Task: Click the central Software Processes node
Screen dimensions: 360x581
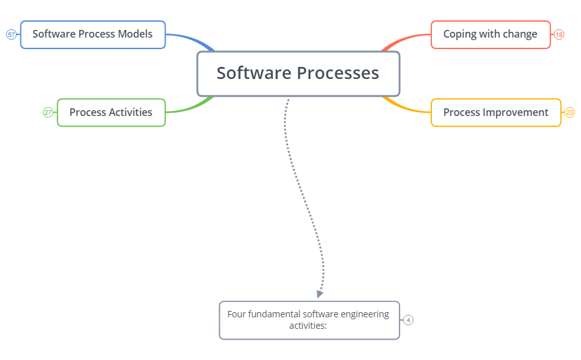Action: pyautogui.click(x=298, y=73)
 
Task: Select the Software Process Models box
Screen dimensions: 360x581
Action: pyautogui.click(x=92, y=34)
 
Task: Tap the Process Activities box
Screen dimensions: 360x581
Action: pyautogui.click(x=111, y=112)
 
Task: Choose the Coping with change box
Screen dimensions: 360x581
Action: pyautogui.click(x=490, y=34)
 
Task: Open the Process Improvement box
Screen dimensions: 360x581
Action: pyautogui.click(x=496, y=112)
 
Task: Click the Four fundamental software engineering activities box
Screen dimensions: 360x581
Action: pyautogui.click(x=309, y=320)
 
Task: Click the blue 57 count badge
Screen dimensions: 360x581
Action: pyautogui.click(x=11, y=34)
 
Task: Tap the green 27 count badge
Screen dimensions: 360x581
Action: pyautogui.click(x=48, y=112)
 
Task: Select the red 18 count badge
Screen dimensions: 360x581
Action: pyautogui.click(x=559, y=34)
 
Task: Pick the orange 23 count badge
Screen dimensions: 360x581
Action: pyautogui.click(x=570, y=112)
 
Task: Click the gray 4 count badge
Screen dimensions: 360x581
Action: pyautogui.click(x=408, y=320)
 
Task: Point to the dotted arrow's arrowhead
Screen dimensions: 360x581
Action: pyautogui.click(x=320, y=294)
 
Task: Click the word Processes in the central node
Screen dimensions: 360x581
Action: pyautogui.click(x=340, y=73)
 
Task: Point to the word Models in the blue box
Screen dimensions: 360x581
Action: pyautogui.click(x=135, y=34)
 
